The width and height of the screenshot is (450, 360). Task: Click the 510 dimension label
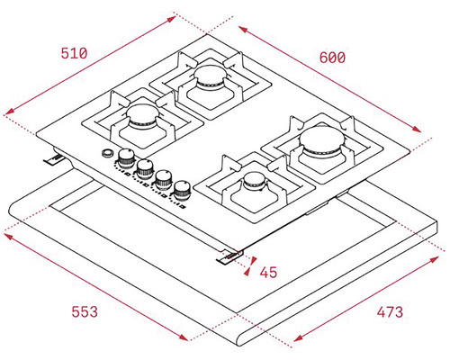[74, 53]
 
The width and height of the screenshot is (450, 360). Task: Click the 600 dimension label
[332, 58]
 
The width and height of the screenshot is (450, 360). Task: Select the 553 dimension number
[85, 311]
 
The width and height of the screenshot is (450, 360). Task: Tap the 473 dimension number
[390, 312]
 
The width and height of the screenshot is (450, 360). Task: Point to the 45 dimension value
[268, 273]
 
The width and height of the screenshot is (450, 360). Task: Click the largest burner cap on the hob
[322, 139]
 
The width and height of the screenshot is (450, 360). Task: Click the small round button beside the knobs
[108, 153]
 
